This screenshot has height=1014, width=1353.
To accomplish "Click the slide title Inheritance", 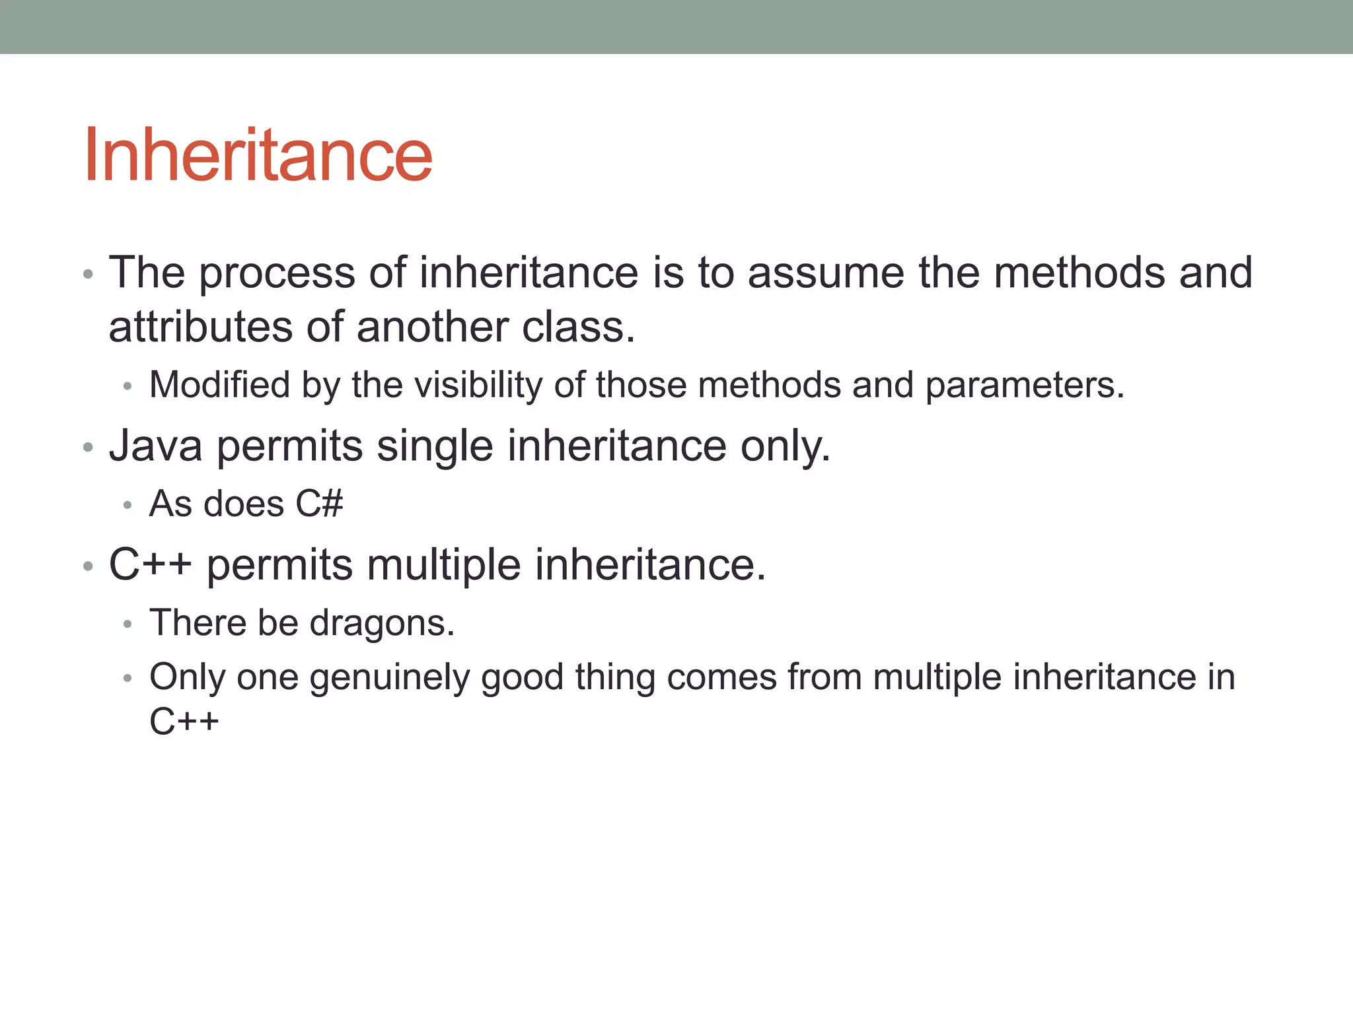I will (x=258, y=156).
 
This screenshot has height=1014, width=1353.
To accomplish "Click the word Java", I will (x=156, y=446).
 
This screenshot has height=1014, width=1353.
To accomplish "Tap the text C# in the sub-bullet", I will (x=319, y=504).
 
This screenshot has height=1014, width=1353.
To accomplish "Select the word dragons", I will (x=381, y=623).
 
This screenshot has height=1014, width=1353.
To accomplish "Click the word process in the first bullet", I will (x=277, y=273).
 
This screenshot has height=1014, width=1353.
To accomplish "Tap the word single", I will (x=435, y=447).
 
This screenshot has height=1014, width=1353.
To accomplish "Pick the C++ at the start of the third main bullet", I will (x=150, y=565).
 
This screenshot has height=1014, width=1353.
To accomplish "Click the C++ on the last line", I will (x=184, y=721).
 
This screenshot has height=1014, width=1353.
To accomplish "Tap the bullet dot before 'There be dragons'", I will (x=128, y=624).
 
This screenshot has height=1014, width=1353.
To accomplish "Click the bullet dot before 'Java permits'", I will (x=88, y=448).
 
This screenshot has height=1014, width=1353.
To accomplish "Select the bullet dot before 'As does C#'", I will (x=128, y=505).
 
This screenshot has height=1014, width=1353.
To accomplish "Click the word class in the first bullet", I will (x=577, y=327).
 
